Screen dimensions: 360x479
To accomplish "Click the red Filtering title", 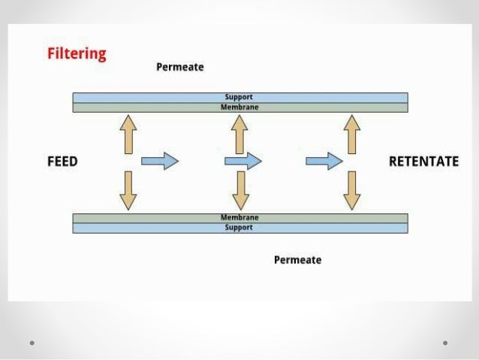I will (x=77, y=54).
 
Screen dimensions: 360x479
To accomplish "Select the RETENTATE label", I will (x=423, y=162).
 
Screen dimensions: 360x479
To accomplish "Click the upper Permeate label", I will (x=179, y=67).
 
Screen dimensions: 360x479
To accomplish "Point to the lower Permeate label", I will (x=297, y=260).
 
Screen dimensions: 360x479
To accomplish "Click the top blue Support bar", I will (x=239, y=98).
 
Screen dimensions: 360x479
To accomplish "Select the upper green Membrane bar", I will (x=239, y=107).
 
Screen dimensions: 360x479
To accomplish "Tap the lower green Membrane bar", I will (x=239, y=218).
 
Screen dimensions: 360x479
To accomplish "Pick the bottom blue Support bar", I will (x=239, y=228).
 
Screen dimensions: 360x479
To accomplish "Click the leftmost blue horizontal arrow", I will (x=160, y=161).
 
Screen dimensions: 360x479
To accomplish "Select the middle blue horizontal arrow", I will (x=243, y=161).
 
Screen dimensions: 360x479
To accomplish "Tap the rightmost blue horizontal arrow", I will (x=324, y=161).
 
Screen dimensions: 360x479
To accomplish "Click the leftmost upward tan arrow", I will (x=128, y=134).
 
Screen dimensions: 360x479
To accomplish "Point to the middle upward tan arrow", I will (x=239, y=134).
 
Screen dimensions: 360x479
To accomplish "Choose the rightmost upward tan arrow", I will (x=351, y=134).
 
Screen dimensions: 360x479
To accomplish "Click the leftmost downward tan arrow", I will (x=128, y=189).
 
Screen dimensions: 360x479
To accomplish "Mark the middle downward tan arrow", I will (x=240, y=189).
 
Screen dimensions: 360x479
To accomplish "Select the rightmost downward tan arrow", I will (x=351, y=189).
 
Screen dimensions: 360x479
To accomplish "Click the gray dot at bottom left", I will (x=32, y=343).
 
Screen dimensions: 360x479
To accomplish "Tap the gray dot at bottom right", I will (x=445, y=343).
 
